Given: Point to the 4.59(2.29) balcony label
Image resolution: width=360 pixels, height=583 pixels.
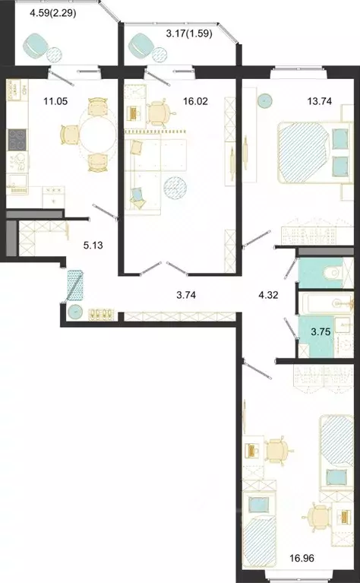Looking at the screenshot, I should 53,13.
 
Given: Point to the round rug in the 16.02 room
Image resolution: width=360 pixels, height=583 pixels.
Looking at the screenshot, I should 175,187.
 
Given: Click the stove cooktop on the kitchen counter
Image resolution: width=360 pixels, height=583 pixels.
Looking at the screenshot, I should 17,140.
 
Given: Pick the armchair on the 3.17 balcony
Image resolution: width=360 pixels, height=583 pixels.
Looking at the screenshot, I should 141,46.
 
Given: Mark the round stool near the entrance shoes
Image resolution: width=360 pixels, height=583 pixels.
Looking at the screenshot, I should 75,312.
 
